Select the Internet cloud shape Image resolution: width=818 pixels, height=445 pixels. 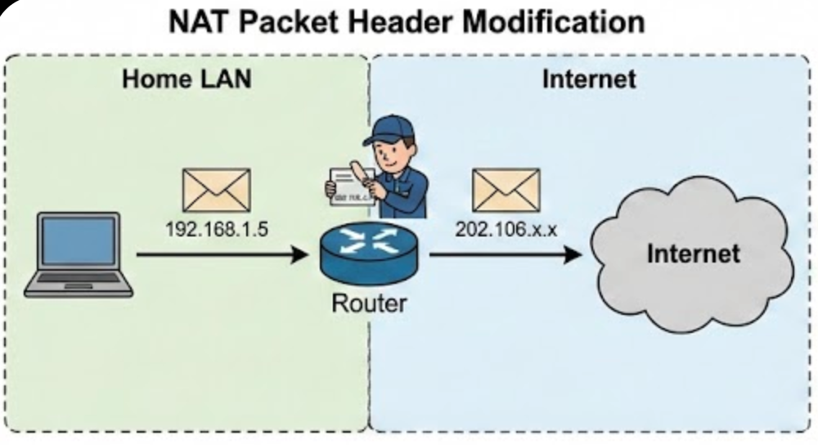[690, 254]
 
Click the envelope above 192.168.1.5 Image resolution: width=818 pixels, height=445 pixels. [216, 190]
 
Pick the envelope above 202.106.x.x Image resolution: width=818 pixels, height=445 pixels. [506, 190]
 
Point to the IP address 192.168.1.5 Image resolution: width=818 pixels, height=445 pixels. [216, 229]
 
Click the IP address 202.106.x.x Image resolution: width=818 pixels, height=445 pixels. [506, 229]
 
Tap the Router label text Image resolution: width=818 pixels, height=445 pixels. [368, 303]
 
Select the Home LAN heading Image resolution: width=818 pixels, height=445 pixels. [187, 79]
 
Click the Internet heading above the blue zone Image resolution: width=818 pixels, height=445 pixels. [588, 79]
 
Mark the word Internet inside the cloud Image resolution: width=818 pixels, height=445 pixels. [693, 253]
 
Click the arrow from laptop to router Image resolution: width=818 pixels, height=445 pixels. [221, 255]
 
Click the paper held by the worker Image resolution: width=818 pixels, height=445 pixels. [348, 187]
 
